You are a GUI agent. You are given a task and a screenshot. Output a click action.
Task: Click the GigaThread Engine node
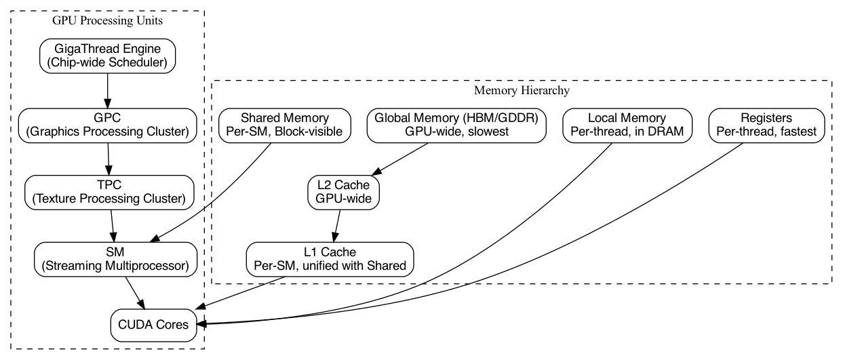point(108,56)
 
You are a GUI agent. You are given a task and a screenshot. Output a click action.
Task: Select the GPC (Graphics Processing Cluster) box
point(108,125)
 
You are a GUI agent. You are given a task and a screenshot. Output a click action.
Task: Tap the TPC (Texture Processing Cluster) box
point(109,191)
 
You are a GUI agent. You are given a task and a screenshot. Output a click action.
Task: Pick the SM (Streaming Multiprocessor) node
point(112,258)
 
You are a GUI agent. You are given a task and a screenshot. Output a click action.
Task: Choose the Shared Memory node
point(285,125)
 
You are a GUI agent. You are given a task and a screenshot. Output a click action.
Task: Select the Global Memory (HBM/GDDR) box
point(456,125)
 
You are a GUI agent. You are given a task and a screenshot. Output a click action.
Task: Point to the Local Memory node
point(628,125)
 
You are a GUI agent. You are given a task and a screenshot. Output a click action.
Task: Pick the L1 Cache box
point(330,258)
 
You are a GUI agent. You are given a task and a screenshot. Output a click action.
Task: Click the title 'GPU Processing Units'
point(107,21)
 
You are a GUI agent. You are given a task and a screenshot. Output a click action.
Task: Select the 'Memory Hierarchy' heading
point(522,90)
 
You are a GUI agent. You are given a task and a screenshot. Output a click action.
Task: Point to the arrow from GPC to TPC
point(108,158)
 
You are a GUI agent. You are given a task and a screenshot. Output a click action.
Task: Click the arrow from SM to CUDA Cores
point(133,292)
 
